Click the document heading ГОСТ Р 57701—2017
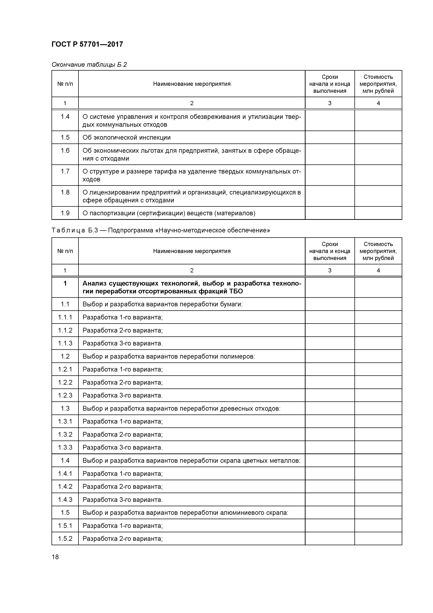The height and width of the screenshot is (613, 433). tap(87, 44)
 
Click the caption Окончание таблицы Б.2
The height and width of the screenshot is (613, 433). tap(89, 65)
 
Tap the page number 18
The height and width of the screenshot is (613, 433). tap(55, 557)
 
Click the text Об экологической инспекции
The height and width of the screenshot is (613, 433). tap(126, 138)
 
